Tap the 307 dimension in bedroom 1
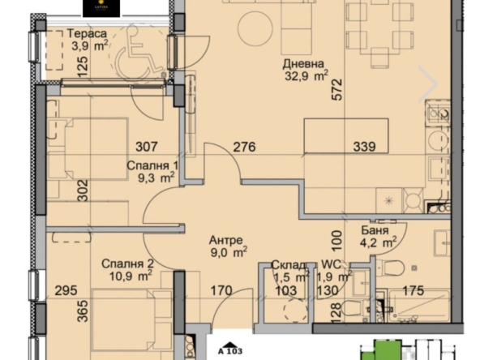point(147,148)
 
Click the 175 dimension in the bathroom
point(412,290)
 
